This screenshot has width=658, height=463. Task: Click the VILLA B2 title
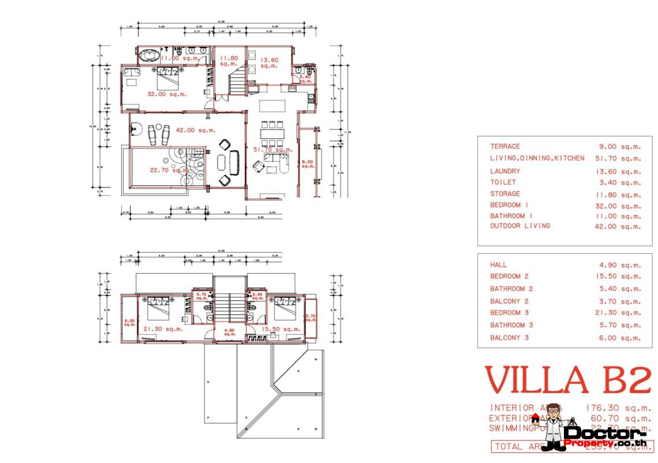[x=567, y=380]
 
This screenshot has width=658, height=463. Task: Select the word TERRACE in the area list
[x=505, y=146]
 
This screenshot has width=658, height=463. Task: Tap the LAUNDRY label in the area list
[x=505, y=171]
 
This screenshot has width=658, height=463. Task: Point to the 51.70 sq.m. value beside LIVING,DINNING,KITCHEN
[x=618, y=158]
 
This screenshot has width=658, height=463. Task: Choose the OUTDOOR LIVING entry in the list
[x=520, y=226]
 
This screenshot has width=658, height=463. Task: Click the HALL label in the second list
[x=499, y=265]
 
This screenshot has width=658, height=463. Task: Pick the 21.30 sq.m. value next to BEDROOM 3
[x=618, y=313]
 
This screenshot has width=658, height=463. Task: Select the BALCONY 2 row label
[x=509, y=301]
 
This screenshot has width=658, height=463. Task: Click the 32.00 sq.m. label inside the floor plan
[x=165, y=94]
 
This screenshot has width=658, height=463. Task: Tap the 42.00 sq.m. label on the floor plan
[x=198, y=130]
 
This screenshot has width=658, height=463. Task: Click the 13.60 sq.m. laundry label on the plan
[x=269, y=62]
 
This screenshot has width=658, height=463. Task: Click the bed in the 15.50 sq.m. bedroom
[x=285, y=305]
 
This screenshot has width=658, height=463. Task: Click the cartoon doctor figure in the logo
[x=553, y=427]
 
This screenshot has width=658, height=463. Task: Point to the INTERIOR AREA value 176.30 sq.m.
[x=618, y=408]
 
